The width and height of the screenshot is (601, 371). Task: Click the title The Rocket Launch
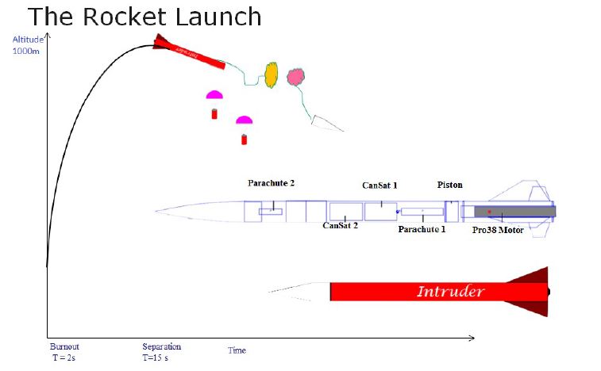coord(144,16)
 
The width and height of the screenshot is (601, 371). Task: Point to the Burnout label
coord(64,346)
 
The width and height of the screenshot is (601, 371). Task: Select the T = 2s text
coord(64,358)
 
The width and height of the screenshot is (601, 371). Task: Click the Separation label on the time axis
coord(161,346)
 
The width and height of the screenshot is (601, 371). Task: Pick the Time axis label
coord(237,350)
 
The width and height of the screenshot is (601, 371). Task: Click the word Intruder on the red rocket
coord(450,292)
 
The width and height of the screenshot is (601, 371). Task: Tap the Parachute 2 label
coord(271,183)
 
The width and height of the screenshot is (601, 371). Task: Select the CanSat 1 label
coord(379,185)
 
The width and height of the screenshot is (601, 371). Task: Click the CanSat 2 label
coord(340,225)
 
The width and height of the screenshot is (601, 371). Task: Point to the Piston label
coord(449,185)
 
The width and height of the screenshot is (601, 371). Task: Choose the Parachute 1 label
coord(422,229)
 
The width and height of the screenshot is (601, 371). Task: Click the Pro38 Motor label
coord(498,231)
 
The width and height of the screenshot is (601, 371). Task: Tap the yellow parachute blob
coord(271,74)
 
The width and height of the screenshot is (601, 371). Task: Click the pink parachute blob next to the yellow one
coord(295,77)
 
